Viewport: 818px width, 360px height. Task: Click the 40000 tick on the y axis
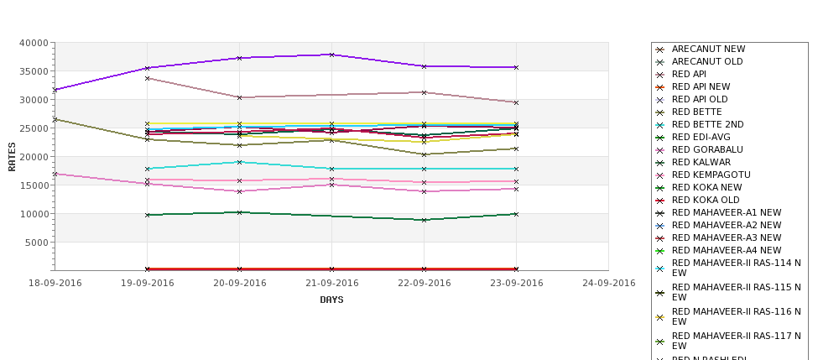pyautogui.click(x=34, y=43)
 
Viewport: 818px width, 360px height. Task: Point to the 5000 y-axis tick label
pyautogui.click(x=37, y=243)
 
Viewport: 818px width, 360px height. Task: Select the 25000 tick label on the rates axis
pyautogui.click(x=34, y=128)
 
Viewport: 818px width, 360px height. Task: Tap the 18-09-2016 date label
pyautogui.click(x=55, y=283)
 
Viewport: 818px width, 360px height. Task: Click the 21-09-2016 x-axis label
pyautogui.click(x=331, y=283)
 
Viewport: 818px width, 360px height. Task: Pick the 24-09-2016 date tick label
pyautogui.click(x=608, y=283)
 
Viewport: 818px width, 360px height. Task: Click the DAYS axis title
pyautogui.click(x=331, y=300)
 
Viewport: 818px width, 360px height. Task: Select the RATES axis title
pyautogui.click(x=13, y=156)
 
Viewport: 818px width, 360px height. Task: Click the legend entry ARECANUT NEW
pyautogui.click(x=708, y=50)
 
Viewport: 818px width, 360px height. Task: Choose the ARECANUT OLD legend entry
pyautogui.click(x=707, y=62)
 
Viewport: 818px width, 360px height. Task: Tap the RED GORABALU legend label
pyautogui.click(x=707, y=150)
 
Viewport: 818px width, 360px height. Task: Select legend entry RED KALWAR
pyautogui.click(x=701, y=163)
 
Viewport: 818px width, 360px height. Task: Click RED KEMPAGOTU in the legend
pyautogui.click(x=711, y=175)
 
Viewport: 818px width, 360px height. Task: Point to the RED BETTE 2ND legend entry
pyautogui.click(x=707, y=125)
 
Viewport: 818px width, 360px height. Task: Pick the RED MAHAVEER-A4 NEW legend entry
pyautogui.click(x=727, y=251)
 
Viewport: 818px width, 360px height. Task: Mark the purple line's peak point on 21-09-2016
pyautogui.click(x=331, y=55)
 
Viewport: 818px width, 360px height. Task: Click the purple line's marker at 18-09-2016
pyautogui.click(x=55, y=90)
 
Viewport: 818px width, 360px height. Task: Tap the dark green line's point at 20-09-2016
pyautogui.click(x=239, y=212)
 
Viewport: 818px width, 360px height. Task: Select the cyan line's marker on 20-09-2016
pyautogui.click(x=239, y=162)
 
